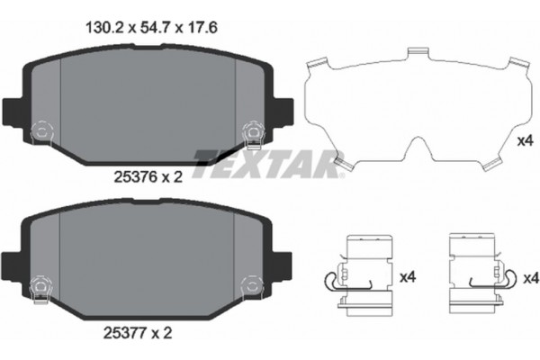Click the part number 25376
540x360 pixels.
131,178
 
